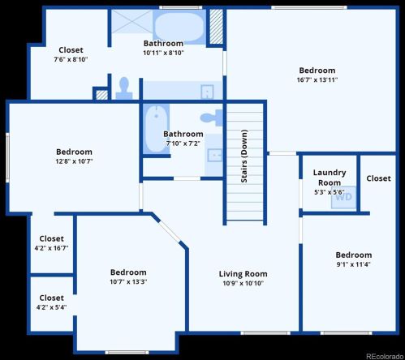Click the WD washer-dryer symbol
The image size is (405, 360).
(343, 196)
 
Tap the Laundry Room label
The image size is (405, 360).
(330, 177)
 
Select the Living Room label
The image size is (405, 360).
(243, 274)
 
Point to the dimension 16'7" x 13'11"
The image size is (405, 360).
(317, 79)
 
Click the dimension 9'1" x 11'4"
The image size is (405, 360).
(353, 264)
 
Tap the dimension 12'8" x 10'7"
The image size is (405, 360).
(74, 161)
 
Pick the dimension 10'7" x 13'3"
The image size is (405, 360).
(128, 281)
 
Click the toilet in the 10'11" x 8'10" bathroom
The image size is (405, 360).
(124, 88)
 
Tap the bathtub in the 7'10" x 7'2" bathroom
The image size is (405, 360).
(153, 130)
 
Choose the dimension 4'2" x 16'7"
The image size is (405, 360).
(51, 247)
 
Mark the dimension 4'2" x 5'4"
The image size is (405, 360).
(51, 307)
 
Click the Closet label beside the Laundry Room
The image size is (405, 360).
(378, 178)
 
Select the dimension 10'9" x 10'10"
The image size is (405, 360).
(243, 283)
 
